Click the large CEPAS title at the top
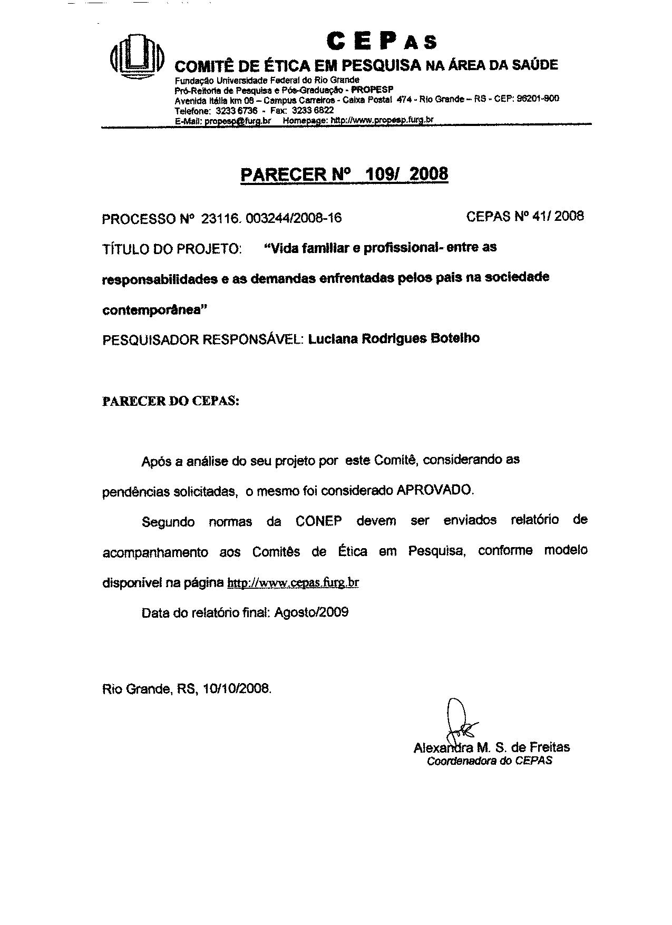[382, 41]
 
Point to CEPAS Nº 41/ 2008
[525, 216]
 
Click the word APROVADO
[435, 490]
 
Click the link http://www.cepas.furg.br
[293, 583]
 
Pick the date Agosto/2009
[311, 612]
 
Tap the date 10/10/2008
[236, 688]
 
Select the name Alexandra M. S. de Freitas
[491, 747]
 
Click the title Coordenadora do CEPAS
[489, 761]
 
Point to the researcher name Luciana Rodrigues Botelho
[394, 338]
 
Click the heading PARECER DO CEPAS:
[171, 401]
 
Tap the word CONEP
[318, 521]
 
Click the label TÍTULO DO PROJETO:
[172, 249]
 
